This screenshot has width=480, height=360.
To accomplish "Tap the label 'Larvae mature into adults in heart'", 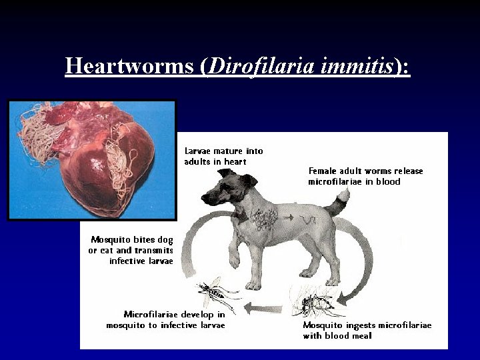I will (223, 156).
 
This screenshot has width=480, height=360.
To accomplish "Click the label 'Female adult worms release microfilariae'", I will (365, 176).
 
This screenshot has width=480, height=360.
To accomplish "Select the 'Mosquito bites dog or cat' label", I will (131, 250).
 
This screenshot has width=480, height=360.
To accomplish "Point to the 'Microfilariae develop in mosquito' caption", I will (166, 319).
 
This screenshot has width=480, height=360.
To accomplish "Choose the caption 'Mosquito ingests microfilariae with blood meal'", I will (367, 330).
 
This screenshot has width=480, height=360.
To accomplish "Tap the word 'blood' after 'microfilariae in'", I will (388, 181).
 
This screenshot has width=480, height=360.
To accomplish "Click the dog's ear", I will (250, 180).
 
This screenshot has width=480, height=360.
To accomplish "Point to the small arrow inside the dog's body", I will (289, 218).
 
